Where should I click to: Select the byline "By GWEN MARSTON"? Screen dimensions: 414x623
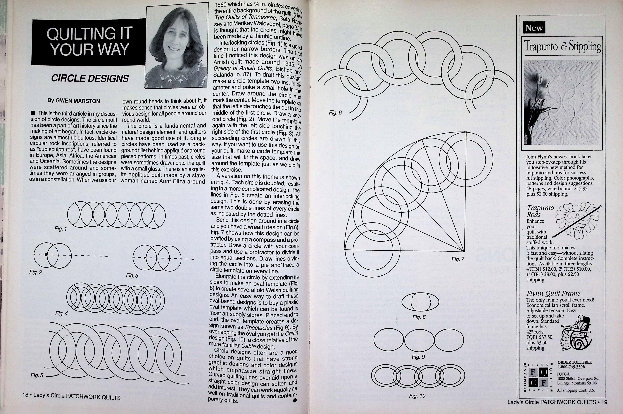(73, 101)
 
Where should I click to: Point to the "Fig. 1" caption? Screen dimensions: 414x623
(61, 229)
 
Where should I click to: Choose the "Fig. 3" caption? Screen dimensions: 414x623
(132, 275)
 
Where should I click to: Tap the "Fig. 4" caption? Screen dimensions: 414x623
(61, 313)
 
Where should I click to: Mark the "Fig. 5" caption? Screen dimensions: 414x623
(37, 375)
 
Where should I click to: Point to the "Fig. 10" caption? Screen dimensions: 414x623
(417, 396)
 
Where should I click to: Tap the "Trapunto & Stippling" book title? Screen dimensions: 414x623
(562, 46)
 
